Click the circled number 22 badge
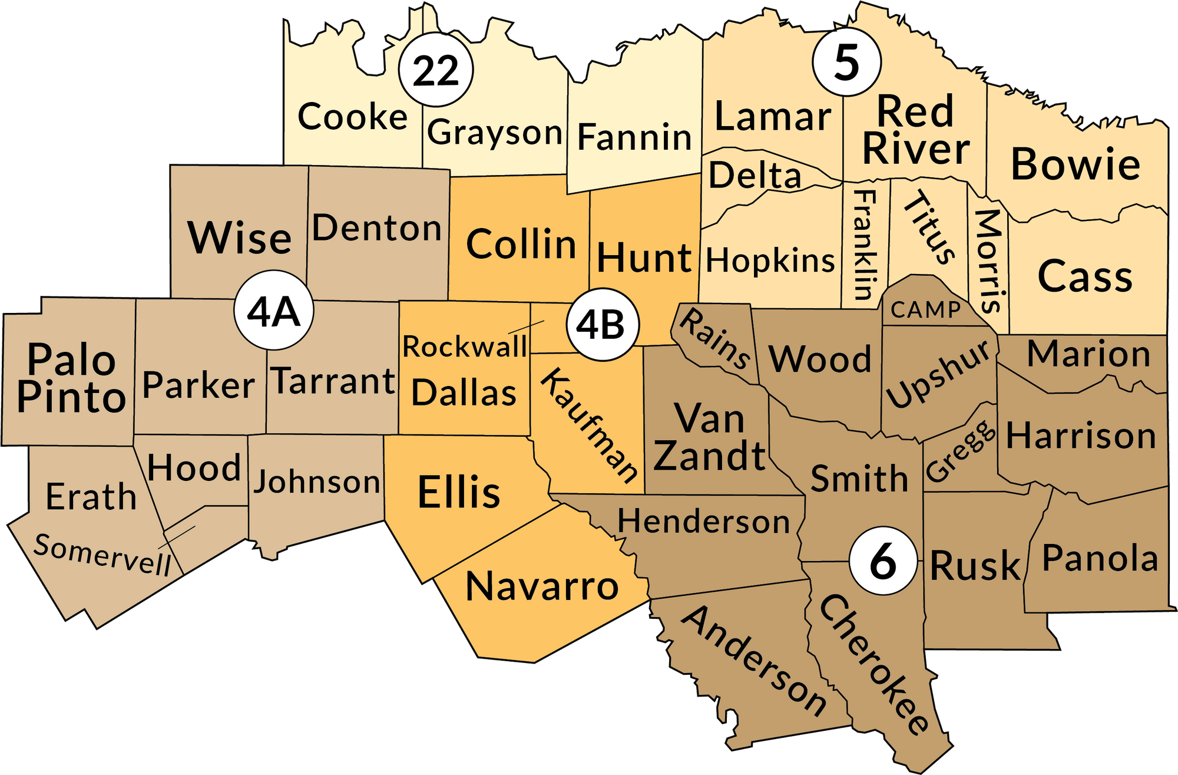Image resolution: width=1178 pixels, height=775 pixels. click(x=436, y=70)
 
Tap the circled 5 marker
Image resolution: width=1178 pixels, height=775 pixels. click(x=846, y=61)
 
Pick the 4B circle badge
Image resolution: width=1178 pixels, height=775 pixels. click(x=602, y=324)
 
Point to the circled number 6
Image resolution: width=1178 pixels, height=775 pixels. click(x=883, y=561)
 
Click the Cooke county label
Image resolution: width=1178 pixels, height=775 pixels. click(x=352, y=117)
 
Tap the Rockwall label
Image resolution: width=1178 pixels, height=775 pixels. click(x=464, y=347)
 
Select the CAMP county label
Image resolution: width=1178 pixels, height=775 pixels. click(x=925, y=309)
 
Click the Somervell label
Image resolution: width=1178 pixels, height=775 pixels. click(x=102, y=555)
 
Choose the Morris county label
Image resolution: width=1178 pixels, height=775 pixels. click(x=989, y=260)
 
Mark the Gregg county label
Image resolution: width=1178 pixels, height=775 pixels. click(x=960, y=451)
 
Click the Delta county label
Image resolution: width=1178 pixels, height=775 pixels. click(x=755, y=175)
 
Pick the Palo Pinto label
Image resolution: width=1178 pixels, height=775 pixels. click(x=71, y=378)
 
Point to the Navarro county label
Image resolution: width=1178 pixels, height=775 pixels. click(x=542, y=586)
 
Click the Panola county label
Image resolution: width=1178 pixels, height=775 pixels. click(x=1100, y=558)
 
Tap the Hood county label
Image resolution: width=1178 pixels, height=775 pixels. click(x=194, y=468)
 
